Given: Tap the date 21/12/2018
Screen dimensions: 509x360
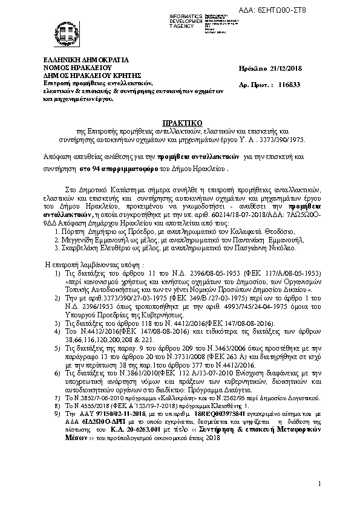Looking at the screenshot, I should point(292,71).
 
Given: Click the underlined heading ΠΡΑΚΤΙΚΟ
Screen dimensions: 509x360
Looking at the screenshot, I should point(179,122).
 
